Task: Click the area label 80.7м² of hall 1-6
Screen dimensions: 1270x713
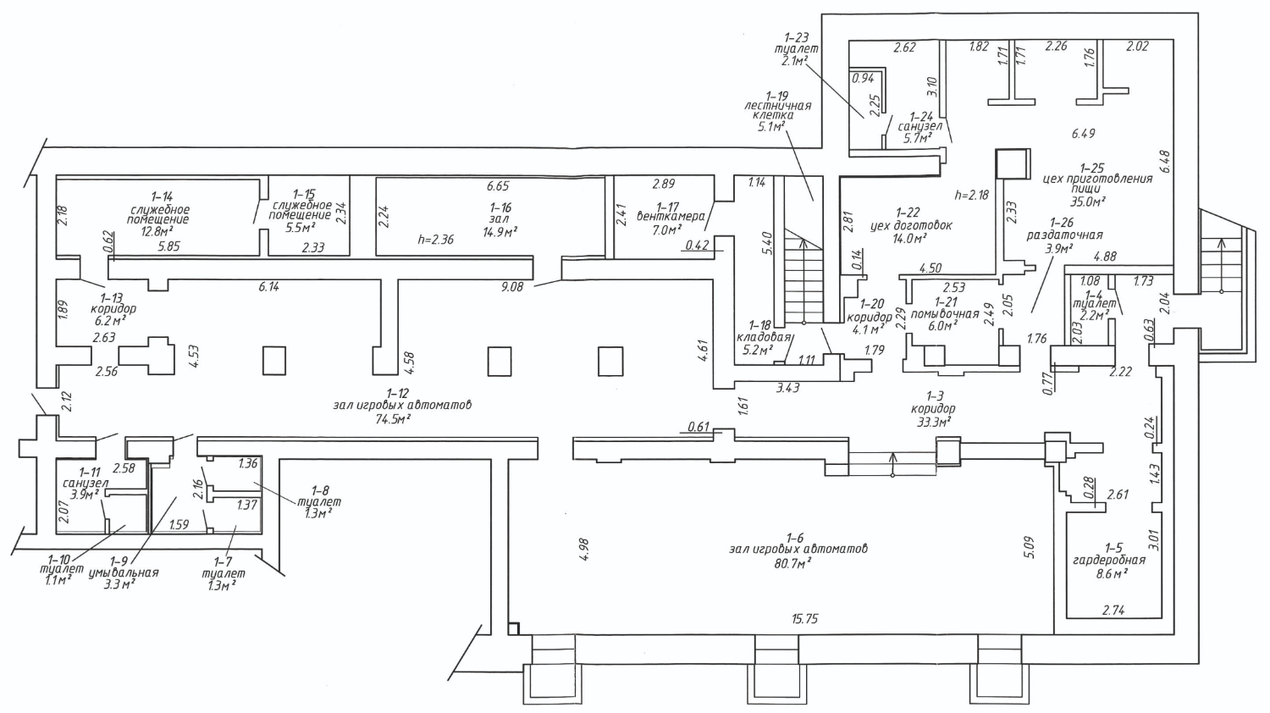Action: click(x=792, y=562)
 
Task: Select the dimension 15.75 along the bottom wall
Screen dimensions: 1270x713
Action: click(x=804, y=619)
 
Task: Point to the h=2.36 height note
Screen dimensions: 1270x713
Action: click(x=435, y=240)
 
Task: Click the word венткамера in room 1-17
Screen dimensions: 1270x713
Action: click(x=671, y=217)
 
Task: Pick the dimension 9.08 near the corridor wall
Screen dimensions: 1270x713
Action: click(x=511, y=287)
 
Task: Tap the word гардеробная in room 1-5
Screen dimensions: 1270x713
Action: click(x=1109, y=561)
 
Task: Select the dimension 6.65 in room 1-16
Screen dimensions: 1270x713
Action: click(x=497, y=186)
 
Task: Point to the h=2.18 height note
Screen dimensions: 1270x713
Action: click(x=972, y=195)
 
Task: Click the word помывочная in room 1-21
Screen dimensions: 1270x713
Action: click(x=945, y=314)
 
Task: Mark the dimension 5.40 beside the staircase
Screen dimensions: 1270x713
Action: click(x=768, y=243)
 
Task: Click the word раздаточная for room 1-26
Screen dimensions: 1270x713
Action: click(x=1065, y=235)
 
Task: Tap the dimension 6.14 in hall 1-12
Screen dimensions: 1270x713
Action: click(x=268, y=287)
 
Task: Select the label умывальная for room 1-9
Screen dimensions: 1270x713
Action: click(x=124, y=573)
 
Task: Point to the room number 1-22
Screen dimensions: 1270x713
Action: click(x=907, y=213)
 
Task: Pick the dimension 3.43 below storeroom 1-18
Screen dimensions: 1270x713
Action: click(x=787, y=388)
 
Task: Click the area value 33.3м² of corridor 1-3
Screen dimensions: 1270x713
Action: click(x=933, y=422)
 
